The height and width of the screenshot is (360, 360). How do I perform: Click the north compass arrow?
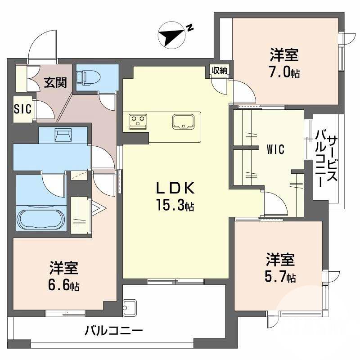[172, 36]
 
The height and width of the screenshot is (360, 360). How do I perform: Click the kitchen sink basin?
[183, 121]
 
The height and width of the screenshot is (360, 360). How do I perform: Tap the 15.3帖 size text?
[175, 206]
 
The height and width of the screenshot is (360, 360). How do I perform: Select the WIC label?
[275, 149]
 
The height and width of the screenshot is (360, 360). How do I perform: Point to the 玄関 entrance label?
[56, 83]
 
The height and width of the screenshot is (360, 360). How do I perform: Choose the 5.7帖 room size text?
[279, 276]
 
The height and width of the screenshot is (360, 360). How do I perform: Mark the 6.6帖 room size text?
[64, 286]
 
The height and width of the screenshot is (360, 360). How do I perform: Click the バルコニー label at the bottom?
[114, 332]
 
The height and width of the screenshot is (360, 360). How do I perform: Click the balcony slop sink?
[130, 307]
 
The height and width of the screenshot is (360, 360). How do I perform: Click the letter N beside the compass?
[190, 28]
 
